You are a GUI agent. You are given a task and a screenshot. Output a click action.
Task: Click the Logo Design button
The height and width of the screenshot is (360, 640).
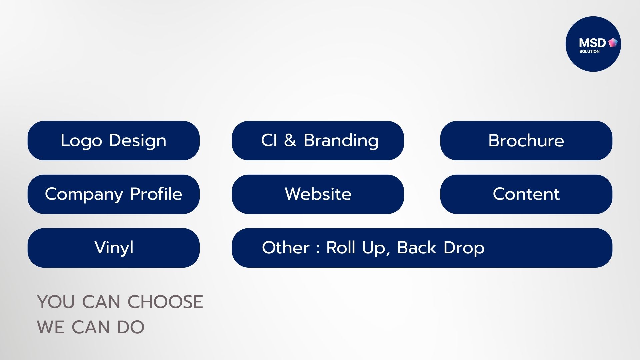[114, 141]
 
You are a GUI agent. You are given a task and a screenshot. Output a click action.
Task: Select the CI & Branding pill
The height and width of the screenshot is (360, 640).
[318, 141]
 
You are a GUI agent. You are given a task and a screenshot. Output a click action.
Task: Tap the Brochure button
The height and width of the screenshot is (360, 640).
[526, 141]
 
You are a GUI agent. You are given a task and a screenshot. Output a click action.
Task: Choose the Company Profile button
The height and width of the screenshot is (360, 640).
[114, 194]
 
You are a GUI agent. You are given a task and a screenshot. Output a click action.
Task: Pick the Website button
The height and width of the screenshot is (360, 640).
[318, 194]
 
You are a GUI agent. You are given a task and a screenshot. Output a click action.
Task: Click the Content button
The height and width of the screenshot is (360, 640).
[526, 194]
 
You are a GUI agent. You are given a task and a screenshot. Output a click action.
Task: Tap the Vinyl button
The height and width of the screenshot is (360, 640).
[114, 248]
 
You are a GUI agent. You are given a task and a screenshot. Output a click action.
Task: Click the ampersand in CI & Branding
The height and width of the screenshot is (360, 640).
[290, 140]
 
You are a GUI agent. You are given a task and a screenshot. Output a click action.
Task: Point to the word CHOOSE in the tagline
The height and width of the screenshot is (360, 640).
[165, 302]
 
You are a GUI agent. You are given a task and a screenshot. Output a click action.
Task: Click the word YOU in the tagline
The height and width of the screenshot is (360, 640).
[56, 302]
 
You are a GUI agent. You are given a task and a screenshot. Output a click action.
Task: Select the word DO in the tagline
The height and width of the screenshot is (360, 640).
[131, 327]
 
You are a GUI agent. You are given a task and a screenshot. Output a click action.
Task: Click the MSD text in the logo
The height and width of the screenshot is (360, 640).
[592, 43]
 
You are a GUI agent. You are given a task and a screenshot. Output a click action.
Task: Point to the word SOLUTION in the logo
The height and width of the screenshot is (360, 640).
[589, 51]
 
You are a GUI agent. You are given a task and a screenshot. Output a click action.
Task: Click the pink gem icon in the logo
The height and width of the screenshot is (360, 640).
[613, 42]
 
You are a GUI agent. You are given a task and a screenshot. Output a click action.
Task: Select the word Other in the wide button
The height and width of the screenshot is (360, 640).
[286, 248]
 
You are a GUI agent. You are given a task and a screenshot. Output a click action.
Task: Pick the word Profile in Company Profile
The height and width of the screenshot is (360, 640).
[156, 194]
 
